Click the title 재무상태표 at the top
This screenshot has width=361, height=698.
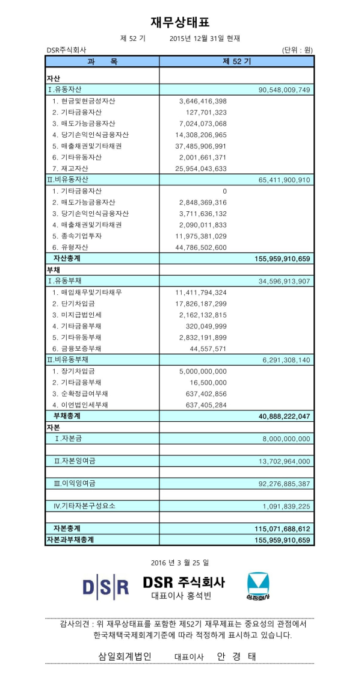coord(180,22)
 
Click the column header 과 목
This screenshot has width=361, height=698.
coord(102,61)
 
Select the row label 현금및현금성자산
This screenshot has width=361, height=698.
coord(84,101)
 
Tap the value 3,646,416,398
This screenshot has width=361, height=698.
coord(203,101)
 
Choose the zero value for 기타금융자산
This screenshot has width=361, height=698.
coord(224,191)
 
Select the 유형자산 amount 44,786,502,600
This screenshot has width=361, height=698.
coord(199,247)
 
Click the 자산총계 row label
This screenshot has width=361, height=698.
coord(67,258)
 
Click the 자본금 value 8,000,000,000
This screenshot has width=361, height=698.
coord(286,439)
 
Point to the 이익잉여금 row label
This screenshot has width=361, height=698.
coord(75,483)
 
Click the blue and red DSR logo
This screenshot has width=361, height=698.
coord(106,585)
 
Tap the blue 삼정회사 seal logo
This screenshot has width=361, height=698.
coord(259,585)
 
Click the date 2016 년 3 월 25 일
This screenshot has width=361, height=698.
coord(180,563)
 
